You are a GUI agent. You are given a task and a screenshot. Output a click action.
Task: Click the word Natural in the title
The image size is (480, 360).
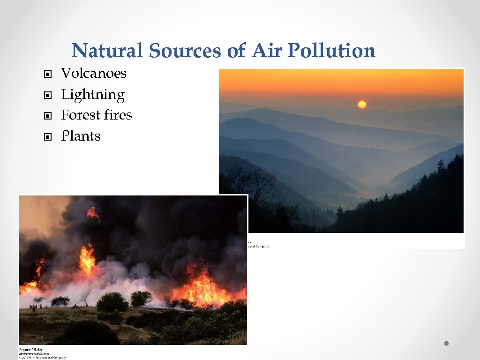tap(107, 51)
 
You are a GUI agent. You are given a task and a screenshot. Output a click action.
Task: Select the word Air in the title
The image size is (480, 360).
tap(265, 51)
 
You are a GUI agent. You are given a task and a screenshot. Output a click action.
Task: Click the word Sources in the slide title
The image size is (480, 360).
tap(185, 51)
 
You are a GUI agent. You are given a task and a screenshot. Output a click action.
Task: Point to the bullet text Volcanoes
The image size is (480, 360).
tap(94, 73)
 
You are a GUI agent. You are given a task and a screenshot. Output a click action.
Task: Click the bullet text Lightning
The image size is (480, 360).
tap(93, 95)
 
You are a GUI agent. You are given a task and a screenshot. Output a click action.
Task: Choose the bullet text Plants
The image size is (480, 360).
tap(81, 136)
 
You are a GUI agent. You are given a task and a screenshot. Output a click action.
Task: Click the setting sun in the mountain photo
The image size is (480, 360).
tap(361, 105)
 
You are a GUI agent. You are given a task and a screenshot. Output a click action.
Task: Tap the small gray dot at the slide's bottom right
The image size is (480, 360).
tap(446, 344)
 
